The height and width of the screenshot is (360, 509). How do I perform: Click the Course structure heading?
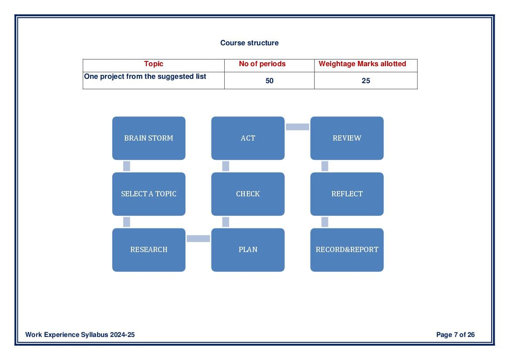[x=249, y=43]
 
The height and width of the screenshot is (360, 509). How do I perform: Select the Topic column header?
[x=154, y=64]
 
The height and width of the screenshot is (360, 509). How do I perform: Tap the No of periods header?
[x=262, y=64]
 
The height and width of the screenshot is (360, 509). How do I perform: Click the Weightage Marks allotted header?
[x=362, y=64]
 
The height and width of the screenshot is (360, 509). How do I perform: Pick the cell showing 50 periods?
[x=270, y=81]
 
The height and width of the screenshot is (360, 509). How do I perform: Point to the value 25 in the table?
[x=366, y=81]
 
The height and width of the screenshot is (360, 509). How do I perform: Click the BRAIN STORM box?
[x=148, y=138]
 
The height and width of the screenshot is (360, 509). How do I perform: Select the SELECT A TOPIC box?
[x=148, y=194]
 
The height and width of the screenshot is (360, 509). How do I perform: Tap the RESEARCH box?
[x=148, y=250]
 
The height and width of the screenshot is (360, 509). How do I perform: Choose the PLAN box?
[x=248, y=250]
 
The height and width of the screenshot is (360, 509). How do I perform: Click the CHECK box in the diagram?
[x=248, y=194]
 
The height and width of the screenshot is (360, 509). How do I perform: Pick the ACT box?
[x=248, y=138]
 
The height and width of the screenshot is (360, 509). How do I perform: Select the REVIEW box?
[x=347, y=138]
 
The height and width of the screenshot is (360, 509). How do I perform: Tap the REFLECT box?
[x=347, y=194]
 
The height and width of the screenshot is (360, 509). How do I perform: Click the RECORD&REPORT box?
[x=347, y=250]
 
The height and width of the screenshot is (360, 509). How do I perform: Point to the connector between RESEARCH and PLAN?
[x=199, y=239]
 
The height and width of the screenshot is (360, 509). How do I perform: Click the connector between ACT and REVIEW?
[x=297, y=127]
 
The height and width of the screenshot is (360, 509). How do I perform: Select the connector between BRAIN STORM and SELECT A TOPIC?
[x=127, y=166]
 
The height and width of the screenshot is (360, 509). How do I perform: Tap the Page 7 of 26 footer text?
[x=455, y=335]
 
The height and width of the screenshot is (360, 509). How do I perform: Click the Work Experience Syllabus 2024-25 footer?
[x=80, y=335]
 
